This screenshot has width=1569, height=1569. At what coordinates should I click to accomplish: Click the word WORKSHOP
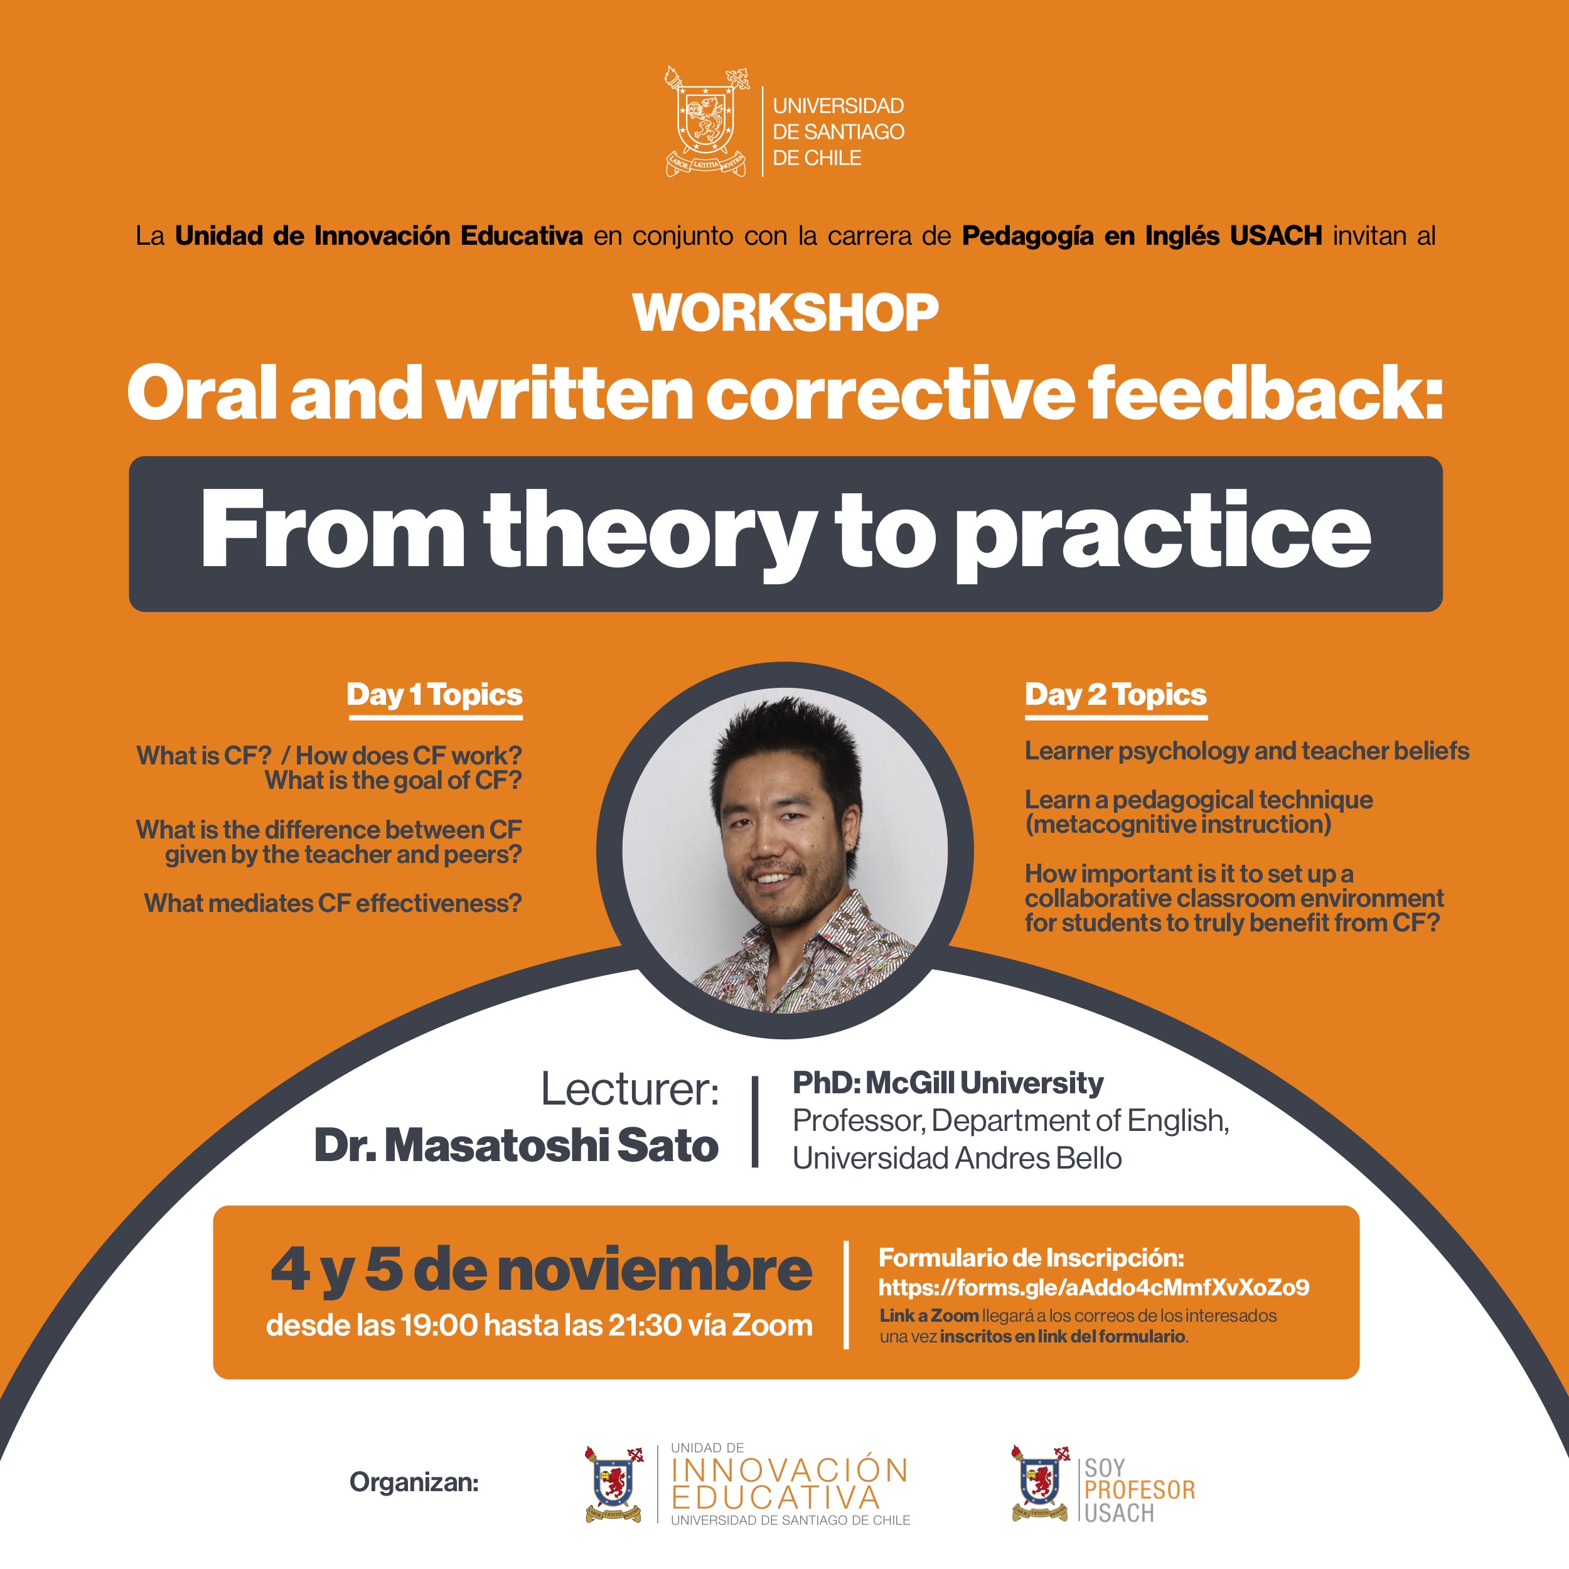tap(785, 313)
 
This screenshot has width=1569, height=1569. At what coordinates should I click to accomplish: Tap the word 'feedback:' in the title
tap(1265, 392)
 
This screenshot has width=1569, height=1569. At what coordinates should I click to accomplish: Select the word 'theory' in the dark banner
tap(650, 534)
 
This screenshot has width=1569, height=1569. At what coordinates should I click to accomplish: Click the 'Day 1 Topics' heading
tap(434, 695)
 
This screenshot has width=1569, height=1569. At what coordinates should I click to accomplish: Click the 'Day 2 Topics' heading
tap(1116, 695)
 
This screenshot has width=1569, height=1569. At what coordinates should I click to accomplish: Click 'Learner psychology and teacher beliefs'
tap(1246, 751)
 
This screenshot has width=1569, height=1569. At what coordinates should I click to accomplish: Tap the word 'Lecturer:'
tap(630, 1089)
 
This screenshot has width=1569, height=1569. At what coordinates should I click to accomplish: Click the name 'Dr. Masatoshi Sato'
tap(517, 1146)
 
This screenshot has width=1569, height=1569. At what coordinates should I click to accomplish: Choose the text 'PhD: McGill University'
tap(948, 1083)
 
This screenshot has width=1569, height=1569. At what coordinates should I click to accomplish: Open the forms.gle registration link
tap(1094, 1287)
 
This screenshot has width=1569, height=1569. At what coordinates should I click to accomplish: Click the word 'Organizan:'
tap(414, 1483)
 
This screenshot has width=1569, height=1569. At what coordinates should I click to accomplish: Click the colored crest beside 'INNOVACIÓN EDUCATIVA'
tap(614, 1484)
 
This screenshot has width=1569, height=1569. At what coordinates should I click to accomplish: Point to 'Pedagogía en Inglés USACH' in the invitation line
tap(1142, 237)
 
